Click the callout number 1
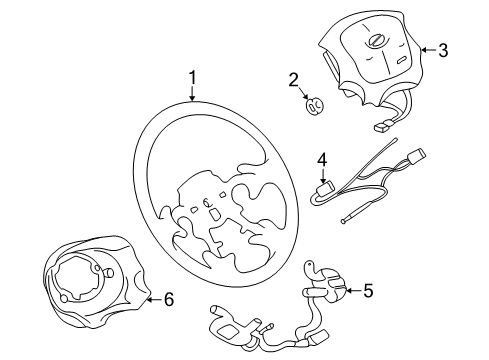[x=191, y=76]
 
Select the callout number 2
[x=293, y=80]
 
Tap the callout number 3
[x=443, y=49]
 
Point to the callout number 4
[x=322, y=160]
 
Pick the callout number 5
[x=367, y=291]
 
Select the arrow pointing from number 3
[x=427, y=49]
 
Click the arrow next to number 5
[x=350, y=291]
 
